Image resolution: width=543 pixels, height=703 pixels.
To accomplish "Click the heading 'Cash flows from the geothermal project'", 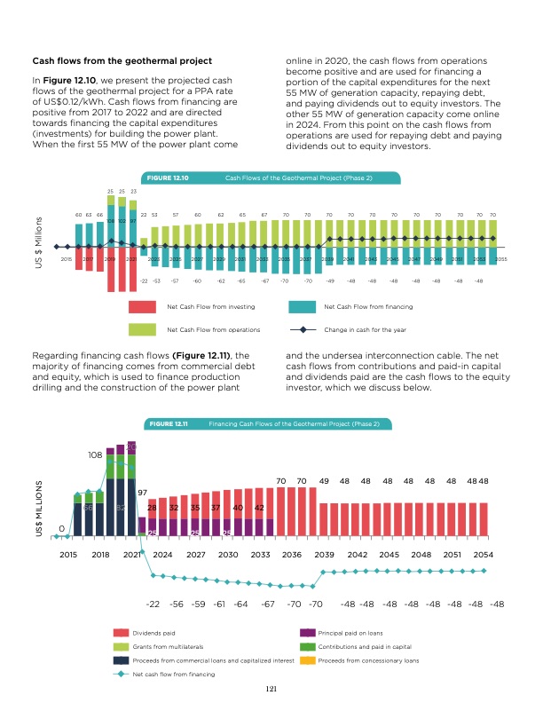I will tap(122, 60).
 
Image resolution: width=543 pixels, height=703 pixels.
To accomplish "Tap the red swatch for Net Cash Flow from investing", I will tap(142, 306).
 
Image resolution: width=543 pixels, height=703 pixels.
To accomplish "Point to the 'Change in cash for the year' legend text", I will tap(366, 329).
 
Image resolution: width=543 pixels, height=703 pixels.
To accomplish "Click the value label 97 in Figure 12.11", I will tap(142, 493).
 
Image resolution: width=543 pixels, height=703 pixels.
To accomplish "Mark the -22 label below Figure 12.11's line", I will tap(152, 604).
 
